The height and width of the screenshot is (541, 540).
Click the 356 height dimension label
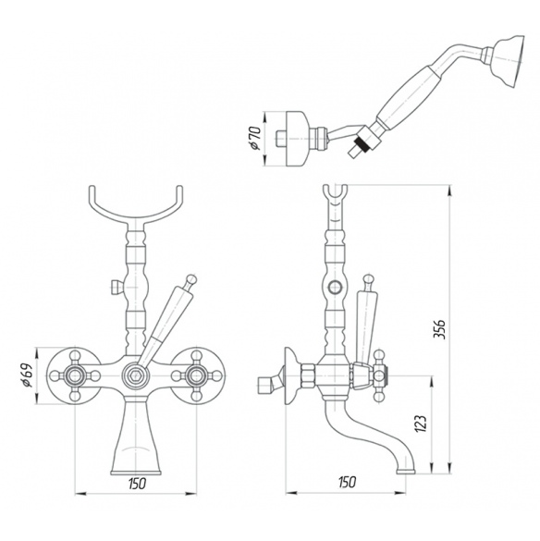pyautogui.click(x=439, y=329)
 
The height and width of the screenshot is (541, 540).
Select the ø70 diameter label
pyautogui.click(x=254, y=138)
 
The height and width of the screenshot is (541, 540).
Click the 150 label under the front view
pyautogui.click(x=137, y=484)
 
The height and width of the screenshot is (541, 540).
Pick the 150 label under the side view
pyautogui.click(x=347, y=482)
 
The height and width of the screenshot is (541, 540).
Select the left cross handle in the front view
pyautogui.click(x=74, y=375)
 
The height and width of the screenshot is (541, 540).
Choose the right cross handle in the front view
pyautogui.click(x=196, y=375)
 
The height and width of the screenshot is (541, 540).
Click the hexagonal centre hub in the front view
pyautogui.click(x=135, y=375)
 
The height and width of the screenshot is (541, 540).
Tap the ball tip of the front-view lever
pyautogui.click(x=191, y=279)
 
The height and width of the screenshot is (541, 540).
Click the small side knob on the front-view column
pyautogui.click(x=116, y=287)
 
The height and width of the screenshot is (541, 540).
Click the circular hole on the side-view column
pyautogui.click(x=335, y=287)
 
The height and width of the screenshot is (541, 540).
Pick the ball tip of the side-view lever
pyautogui.click(x=368, y=280)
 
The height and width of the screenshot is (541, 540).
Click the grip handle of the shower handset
pyautogui.click(x=408, y=97)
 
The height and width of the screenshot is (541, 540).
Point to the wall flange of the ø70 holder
pyautogui.click(x=299, y=139)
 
